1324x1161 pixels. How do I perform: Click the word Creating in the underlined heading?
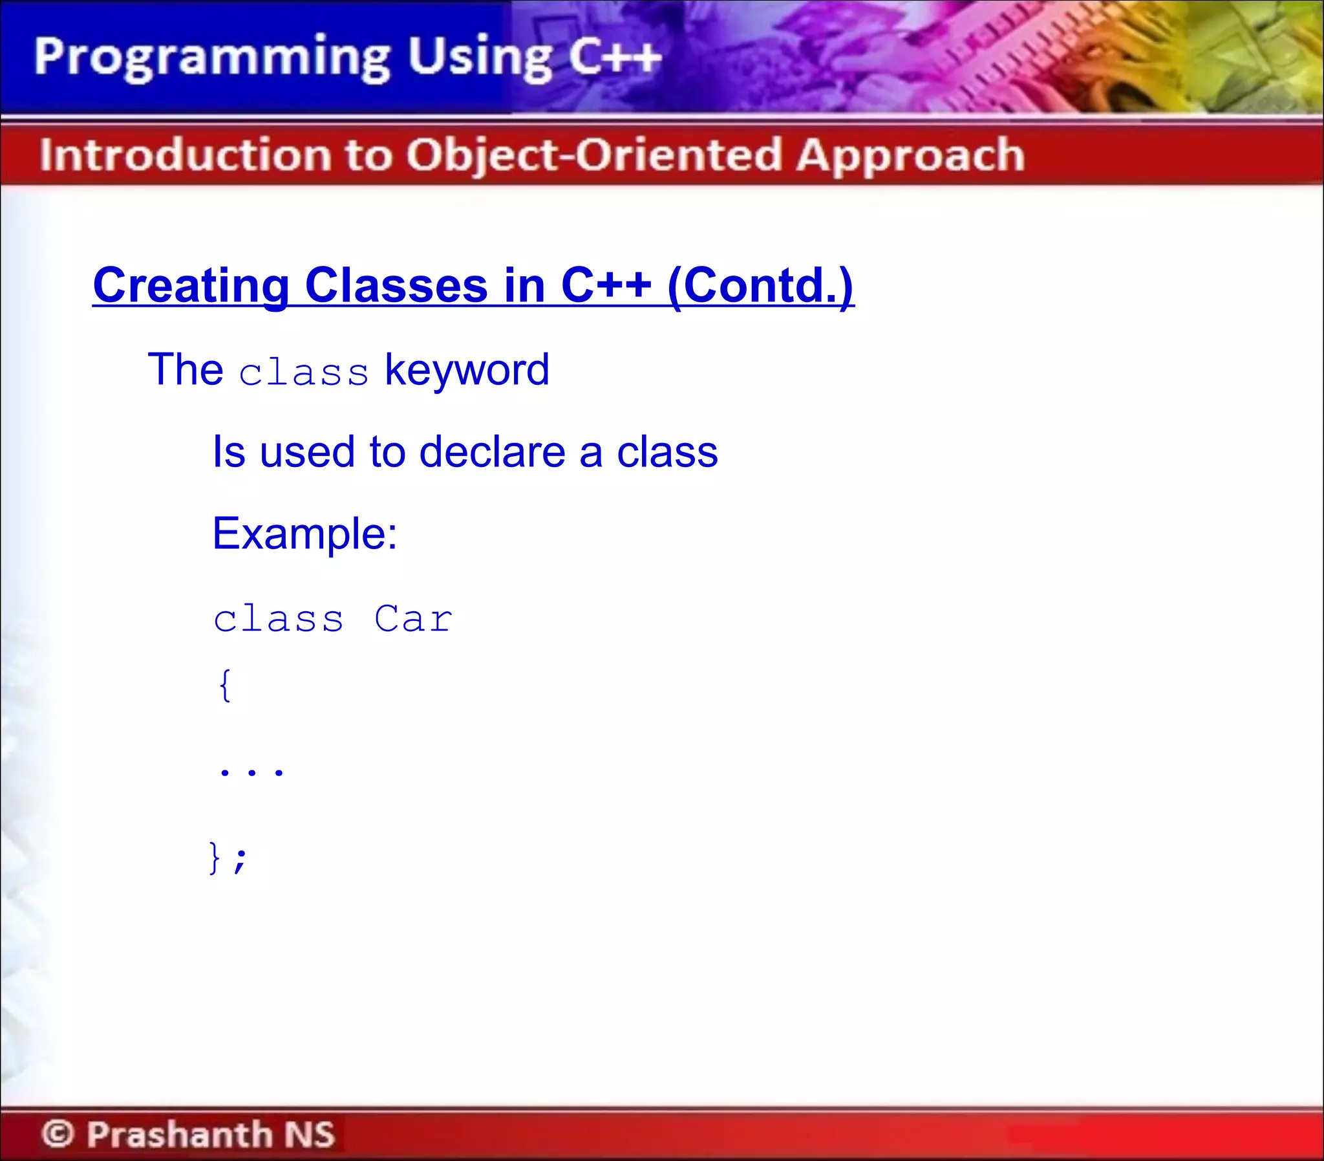tap(191, 286)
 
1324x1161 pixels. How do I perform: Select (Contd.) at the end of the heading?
tap(760, 286)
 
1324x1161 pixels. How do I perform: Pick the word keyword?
tap(467, 371)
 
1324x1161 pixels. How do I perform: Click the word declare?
tap(492, 451)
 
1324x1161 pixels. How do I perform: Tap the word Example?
tap(305, 534)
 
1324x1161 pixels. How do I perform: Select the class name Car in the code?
tap(413, 619)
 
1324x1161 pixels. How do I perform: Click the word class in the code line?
tap(279, 619)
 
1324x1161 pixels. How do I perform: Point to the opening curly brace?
tap(225, 686)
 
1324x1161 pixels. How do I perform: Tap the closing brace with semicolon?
tap(228, 858)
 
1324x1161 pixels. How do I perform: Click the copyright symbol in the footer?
tap(58, 1134)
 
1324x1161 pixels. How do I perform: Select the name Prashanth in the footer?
tap(180, 1134)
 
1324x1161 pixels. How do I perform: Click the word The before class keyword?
tap(185, 370)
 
